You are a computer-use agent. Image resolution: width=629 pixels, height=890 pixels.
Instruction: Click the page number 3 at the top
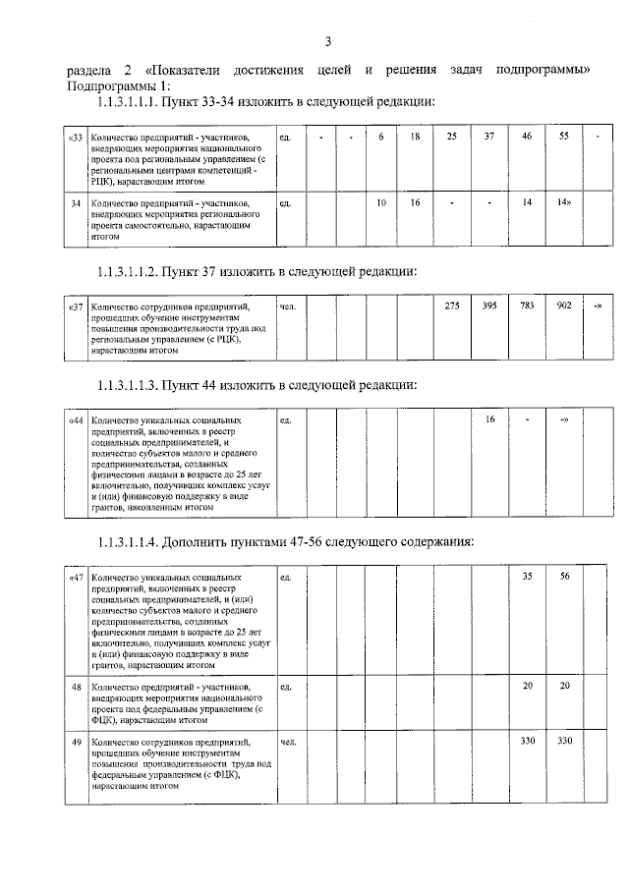tap(328, 40)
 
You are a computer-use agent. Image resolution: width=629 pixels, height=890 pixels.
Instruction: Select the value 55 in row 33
tap(564, 136)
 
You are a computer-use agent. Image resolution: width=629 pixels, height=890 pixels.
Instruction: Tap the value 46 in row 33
tap(527, 136)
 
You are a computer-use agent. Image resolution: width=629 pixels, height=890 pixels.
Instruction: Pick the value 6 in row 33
tap(380, 136)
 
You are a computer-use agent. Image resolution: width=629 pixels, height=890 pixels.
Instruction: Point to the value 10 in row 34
tap(381, 202)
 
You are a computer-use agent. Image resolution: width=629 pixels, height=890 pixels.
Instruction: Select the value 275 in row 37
tap(452, 306)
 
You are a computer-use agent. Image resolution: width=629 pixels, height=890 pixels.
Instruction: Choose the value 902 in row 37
tap(564, 306)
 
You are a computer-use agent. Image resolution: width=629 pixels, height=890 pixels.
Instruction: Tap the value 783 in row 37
tap(527, 306)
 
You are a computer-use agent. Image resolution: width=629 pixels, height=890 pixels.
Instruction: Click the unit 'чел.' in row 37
tap(288, 306)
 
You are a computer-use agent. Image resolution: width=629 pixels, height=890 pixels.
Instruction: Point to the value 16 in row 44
tap(489, 419)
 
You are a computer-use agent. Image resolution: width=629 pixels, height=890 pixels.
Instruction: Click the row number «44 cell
tap(76, 419)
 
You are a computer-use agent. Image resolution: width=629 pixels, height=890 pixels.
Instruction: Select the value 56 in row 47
tap(564, 577)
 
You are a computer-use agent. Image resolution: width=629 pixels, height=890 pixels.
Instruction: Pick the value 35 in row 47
tap(527, 577)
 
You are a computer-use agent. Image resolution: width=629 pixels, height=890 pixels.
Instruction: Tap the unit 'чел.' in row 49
tap(288, 741)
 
